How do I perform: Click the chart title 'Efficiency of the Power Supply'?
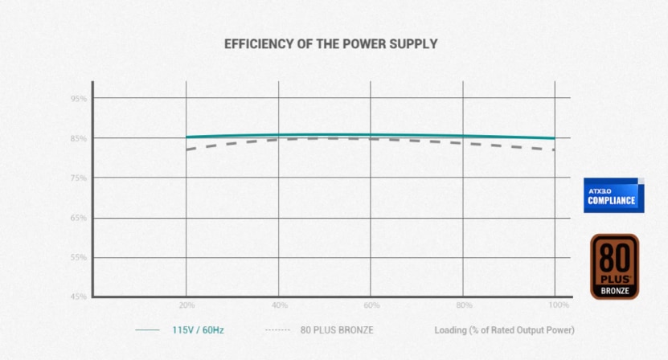tap(330, 43)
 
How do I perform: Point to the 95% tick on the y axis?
tap(78, 99)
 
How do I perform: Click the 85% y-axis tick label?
tap(78, 139)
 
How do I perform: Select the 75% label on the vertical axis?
tap(78, 178)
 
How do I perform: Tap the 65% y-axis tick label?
tap(78, 219)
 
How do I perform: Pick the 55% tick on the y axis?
tap(78, 258)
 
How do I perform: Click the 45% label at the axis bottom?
tap(78, 297)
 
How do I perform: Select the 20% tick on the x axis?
tap(186, 306)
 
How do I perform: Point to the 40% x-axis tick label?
tap(279, 306)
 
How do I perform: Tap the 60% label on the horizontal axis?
tap(371, 306)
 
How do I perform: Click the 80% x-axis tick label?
tap(464, 306)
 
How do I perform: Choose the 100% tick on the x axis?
tap(559, 306)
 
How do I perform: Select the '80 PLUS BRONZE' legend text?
tap(337, 330)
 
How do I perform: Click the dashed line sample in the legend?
tap(277, 330)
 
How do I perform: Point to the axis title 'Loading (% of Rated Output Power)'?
tap(504, 330)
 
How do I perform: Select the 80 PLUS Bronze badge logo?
tap(614, 267)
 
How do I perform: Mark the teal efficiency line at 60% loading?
tap(371, 135)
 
